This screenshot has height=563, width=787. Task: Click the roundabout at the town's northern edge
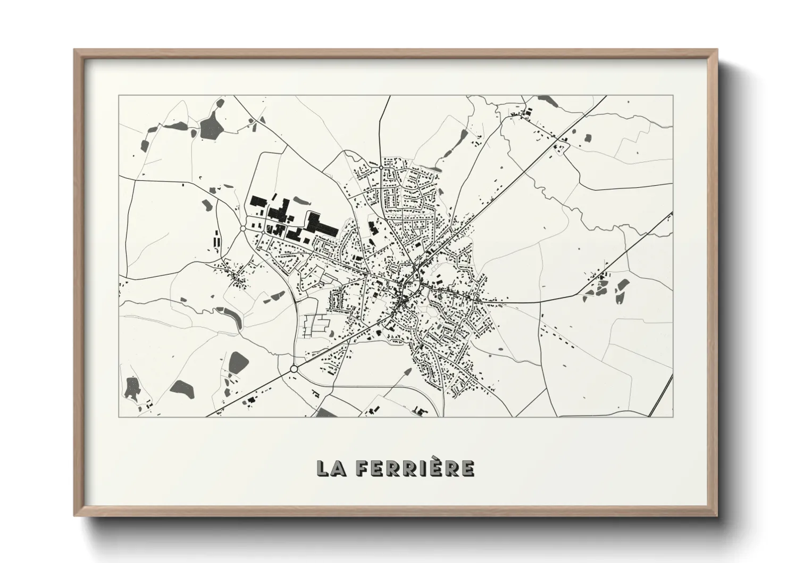381,167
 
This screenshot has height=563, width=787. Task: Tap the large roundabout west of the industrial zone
242,228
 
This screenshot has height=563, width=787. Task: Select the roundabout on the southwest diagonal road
294,368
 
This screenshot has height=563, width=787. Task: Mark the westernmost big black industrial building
258,202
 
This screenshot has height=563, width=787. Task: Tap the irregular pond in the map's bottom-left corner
131,388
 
